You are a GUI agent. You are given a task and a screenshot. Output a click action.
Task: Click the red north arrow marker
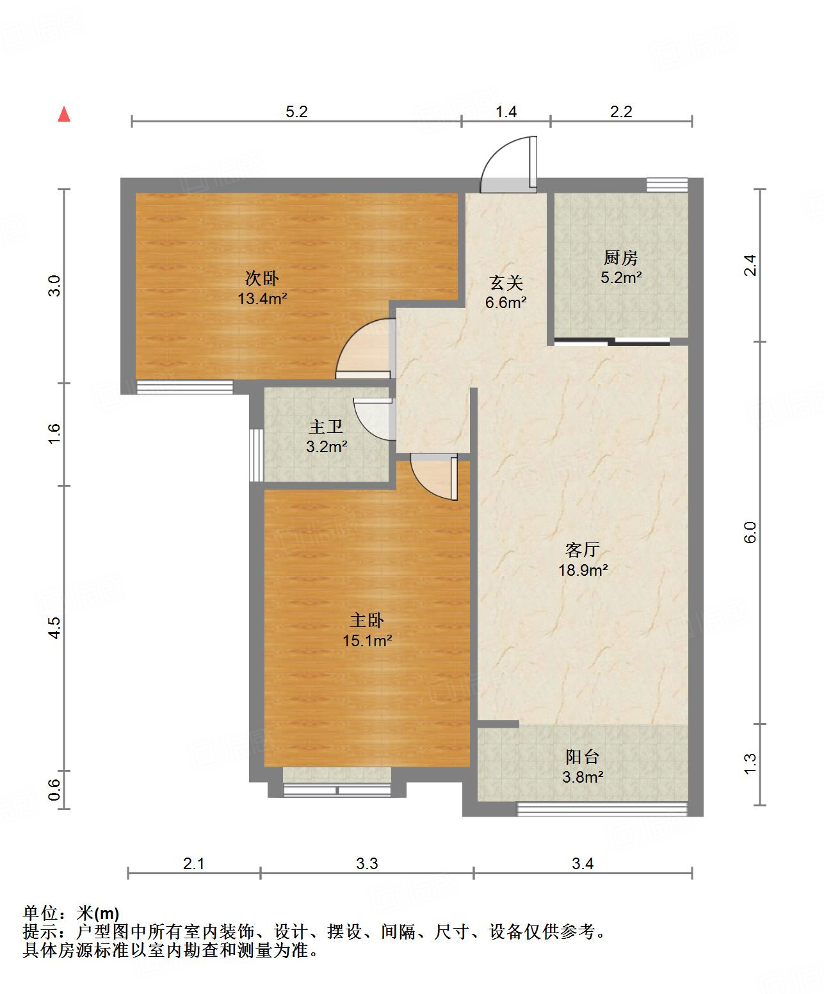pos(64,115)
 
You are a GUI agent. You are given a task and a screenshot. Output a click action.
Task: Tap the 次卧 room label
pos(262,279)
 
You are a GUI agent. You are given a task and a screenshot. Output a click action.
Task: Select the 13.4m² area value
pos(262,298)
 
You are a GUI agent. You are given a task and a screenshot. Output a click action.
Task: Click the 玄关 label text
pos(506,282)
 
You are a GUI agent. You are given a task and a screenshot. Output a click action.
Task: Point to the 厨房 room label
pos(620,258)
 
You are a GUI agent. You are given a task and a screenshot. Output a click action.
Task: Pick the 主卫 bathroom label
pos(326,427)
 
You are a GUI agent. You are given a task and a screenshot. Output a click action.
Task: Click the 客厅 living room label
pos(582,550)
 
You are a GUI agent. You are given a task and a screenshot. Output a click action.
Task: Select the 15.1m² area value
pos(367,640)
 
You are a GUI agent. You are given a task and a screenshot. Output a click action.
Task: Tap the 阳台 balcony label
pos(582,757)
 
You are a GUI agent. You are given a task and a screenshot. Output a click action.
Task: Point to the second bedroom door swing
pos(363,349)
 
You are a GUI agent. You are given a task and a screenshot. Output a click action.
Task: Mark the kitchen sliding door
pos(611,341)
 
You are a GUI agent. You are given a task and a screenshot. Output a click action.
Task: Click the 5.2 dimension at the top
pos(296,112)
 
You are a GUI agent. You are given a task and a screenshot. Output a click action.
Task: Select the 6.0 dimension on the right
pos(750,532)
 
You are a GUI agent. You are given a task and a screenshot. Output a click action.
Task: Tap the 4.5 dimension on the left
pos(55,627)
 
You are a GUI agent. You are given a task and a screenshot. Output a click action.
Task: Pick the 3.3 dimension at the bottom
pos(367,864)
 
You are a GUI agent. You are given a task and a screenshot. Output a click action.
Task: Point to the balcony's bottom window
pos(601,810)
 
